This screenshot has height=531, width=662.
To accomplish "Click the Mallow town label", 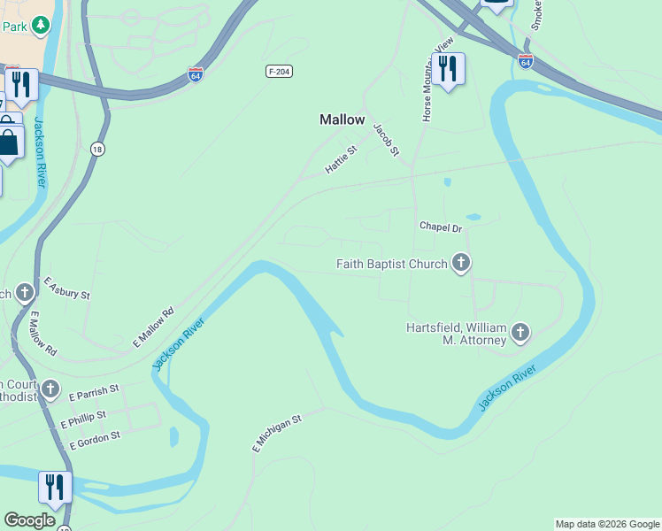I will point(342,119).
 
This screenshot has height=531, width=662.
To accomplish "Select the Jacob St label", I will point(385,140).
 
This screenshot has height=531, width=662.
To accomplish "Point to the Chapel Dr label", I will point(441,228).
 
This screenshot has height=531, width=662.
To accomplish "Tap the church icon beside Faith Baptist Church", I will point(460,263).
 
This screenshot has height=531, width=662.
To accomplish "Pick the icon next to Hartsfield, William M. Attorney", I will point(520,333).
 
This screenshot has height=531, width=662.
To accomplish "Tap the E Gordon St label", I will point(94,438).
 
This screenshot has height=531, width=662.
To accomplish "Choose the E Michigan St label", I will point(276,433).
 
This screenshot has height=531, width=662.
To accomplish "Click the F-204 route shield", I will point(279,71).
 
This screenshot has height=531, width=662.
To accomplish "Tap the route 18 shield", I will point(96,150).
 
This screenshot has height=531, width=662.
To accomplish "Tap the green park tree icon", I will point(40,26).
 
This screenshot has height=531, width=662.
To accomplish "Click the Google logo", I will point(29,520).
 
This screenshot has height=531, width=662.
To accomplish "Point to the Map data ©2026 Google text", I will point(607,524).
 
